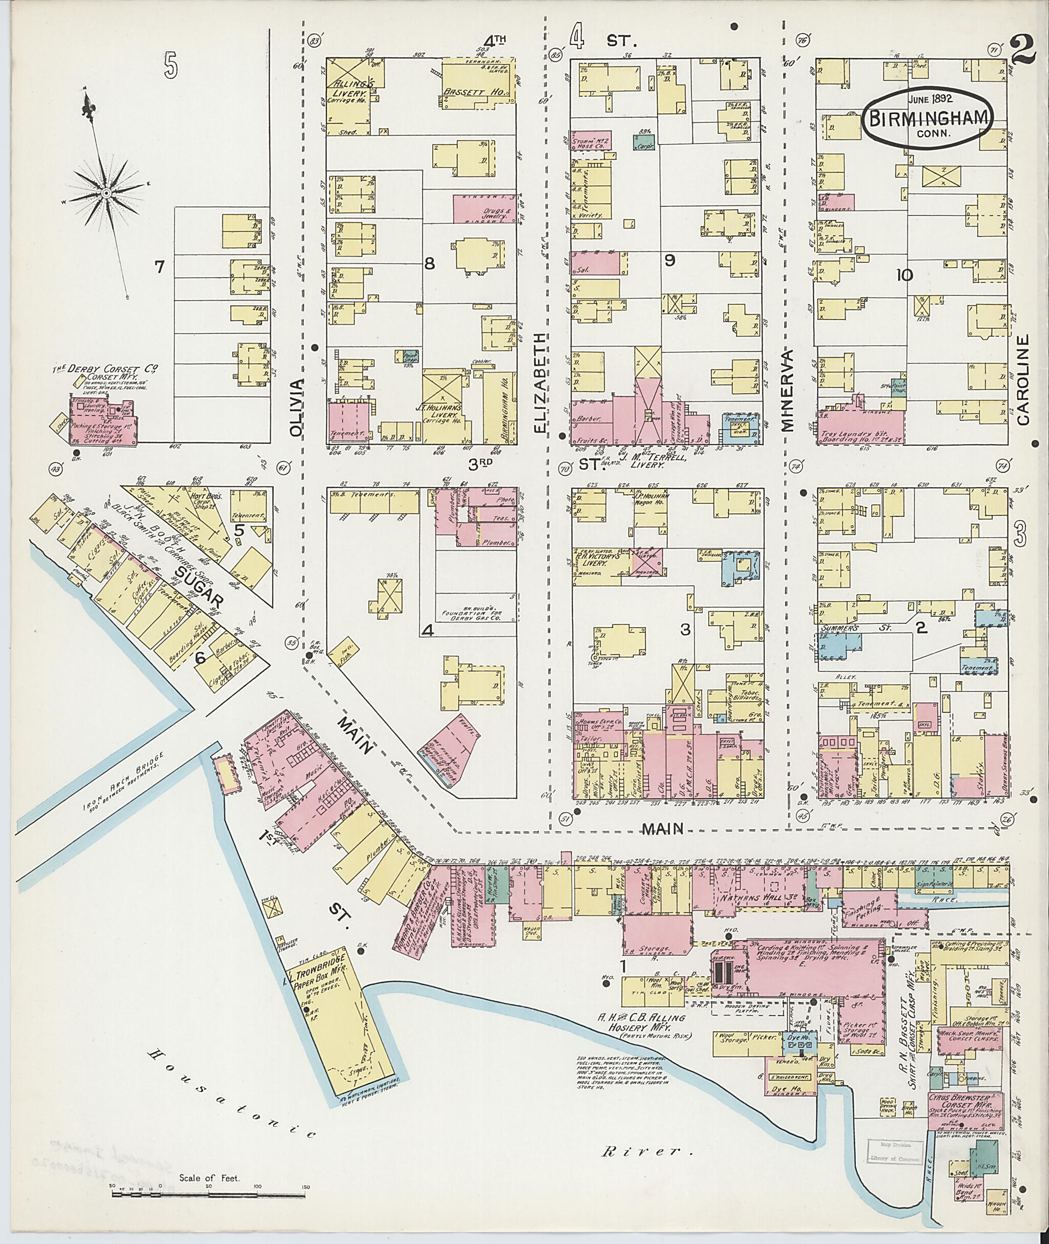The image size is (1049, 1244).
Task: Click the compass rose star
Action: click(x=106, y=193)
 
